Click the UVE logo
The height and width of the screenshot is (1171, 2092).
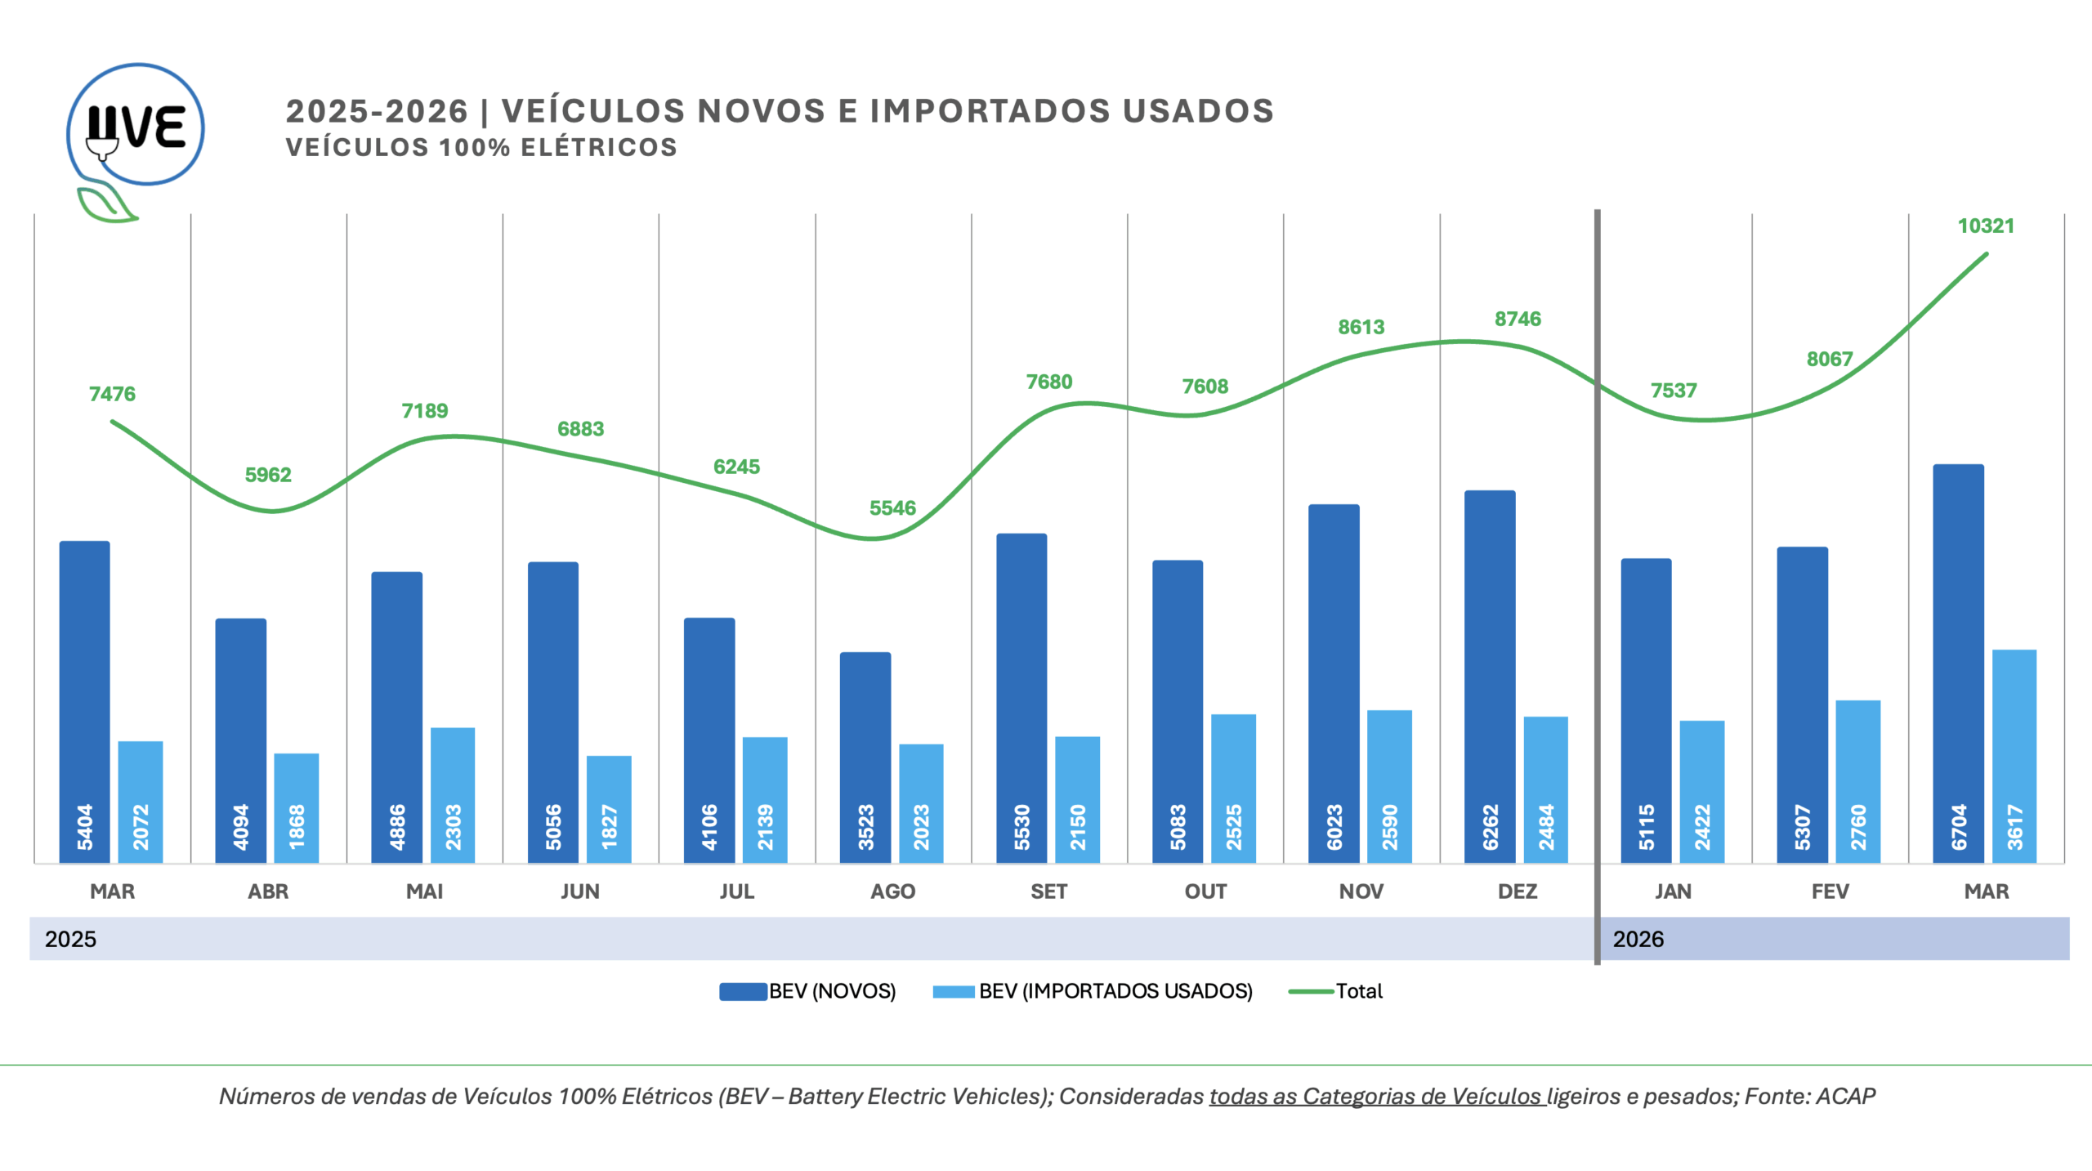click(135, 131)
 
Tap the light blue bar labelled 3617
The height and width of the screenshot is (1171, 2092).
click(2014, 755)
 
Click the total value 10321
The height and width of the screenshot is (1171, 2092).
click(1986, 226)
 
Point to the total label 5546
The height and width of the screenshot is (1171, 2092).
click(892, 508)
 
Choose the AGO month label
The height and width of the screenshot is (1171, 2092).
click(892, 891)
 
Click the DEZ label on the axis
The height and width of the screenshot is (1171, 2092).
click(1518, 891)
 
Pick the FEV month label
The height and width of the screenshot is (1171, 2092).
click(1830, 891)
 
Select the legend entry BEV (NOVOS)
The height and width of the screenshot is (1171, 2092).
click(807, 991)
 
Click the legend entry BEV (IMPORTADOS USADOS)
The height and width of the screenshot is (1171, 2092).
click(1093, 991)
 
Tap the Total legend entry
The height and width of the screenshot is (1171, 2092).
click(1336, 991)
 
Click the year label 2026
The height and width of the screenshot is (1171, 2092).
click(1638, 939)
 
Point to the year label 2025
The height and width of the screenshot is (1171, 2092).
click(70, 939)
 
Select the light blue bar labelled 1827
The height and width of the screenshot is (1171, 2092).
click(609, 808)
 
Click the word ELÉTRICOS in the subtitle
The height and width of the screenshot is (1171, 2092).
click(599, 148)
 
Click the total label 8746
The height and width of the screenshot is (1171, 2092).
click(1518, 319)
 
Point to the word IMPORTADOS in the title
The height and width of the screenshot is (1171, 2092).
click(990, 111)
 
